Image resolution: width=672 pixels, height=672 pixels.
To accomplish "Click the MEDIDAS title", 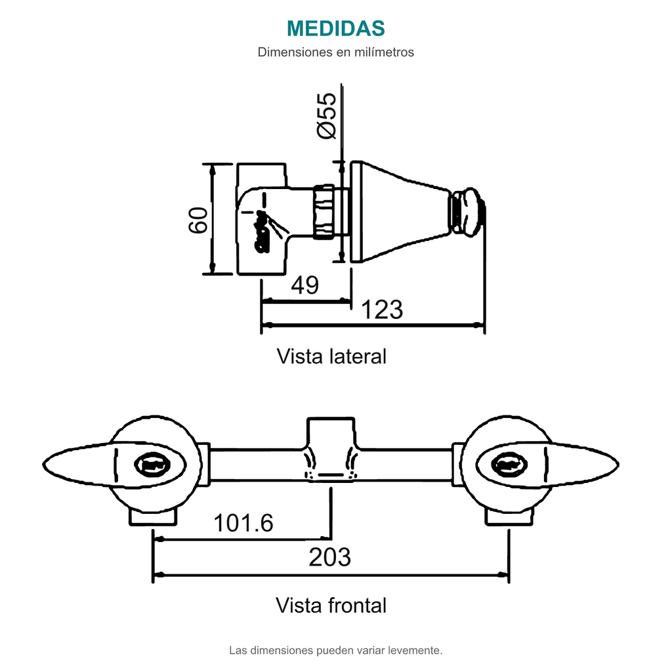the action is point(335,29).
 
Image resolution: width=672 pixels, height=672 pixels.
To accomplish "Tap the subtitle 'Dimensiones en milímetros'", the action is point(335,52).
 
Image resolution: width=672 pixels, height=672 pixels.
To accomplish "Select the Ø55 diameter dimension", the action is point(327,115).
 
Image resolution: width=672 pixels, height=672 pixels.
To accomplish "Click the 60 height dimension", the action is point(198,220).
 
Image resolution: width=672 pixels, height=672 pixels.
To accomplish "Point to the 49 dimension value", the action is point(304,285).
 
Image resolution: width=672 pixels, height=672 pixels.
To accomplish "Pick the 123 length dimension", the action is point(383,310).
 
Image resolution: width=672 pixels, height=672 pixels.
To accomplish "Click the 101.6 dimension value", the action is point(243,523).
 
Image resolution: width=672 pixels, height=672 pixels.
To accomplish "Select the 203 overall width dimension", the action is point(329,557).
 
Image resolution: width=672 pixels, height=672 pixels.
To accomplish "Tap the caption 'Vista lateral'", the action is point(331,356).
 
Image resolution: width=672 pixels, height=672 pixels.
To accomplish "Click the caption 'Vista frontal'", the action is point(331,606).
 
